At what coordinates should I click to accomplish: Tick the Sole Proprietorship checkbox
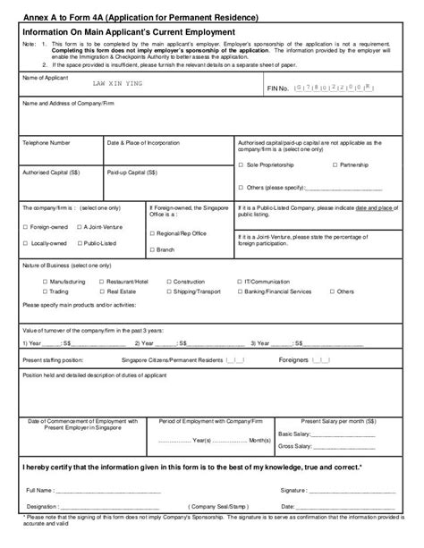[x=242, y=165]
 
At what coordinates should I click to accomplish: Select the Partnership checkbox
[x=335, y=165]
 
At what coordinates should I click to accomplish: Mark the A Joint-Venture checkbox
[x=79, y=227]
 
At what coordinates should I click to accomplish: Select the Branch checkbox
[x=154, y=249]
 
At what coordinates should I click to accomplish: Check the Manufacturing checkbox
[x=46, y=281]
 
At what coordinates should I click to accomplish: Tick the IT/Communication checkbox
[x=241, y=281]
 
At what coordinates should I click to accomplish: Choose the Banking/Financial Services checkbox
[x=241, y=291]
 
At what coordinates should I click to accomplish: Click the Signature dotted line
[x=358, y=490]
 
